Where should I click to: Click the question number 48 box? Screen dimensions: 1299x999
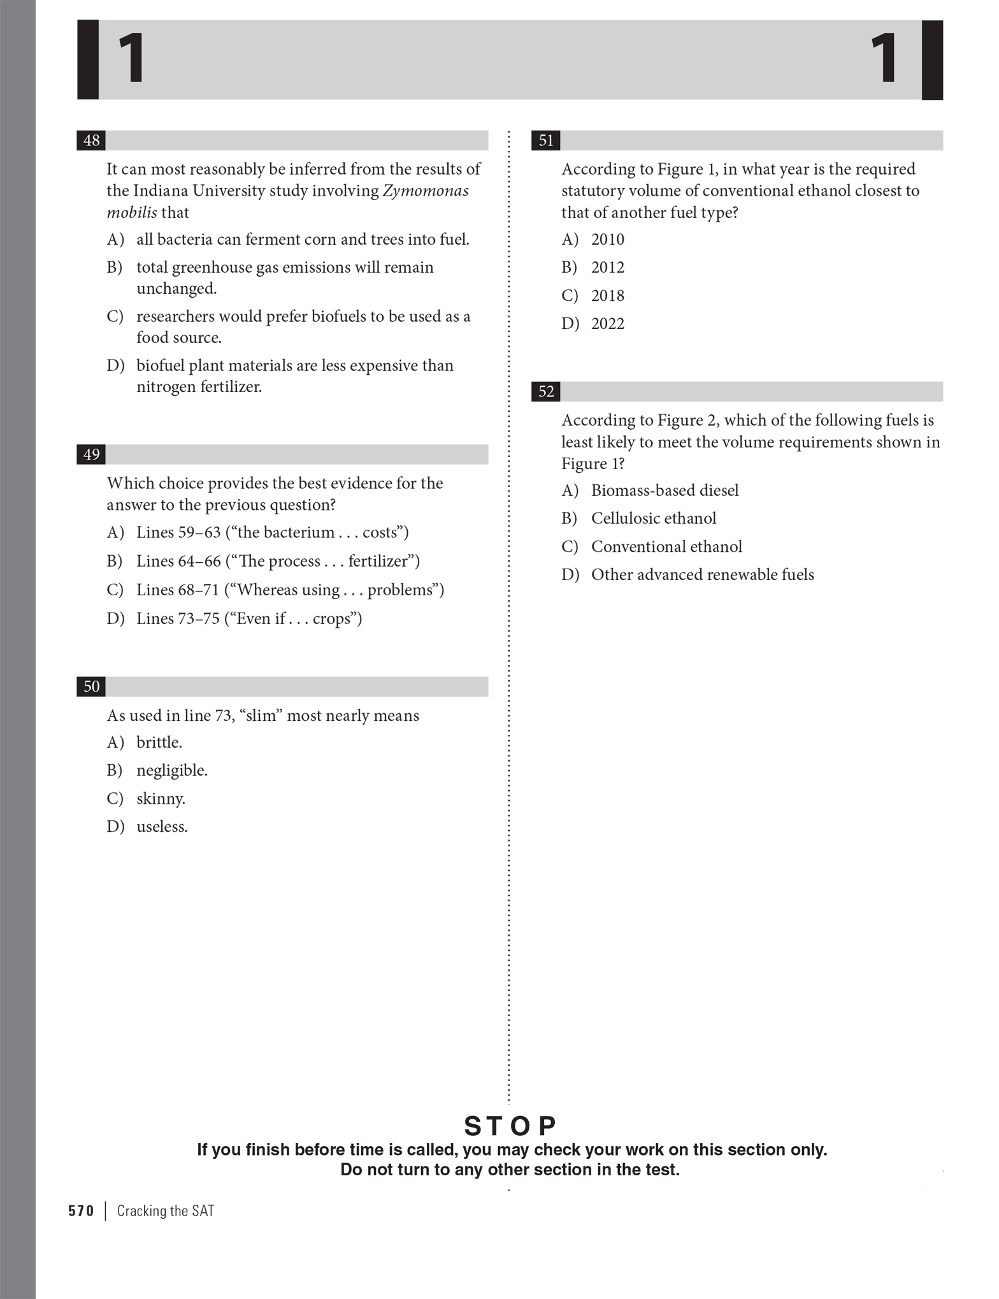pyautogui.click(x=91, y=140)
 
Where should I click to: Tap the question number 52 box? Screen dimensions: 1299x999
pyautogui.click(x=546, y=391)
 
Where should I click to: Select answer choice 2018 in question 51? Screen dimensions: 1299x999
pyautogui.click(x=607, y=296)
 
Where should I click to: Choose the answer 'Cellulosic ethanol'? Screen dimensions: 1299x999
pyautogui.click(x=653, y=518)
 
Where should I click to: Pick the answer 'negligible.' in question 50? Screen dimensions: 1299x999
pyautogui.click(x=171, y=771)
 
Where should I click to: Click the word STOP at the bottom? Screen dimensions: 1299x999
pyautogui.click(x=510, y=1126)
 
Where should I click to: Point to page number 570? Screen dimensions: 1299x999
pyautogui.click(x=81, y=1211)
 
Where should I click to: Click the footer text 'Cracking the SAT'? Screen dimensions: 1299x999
pyautogui.click(x=166, y=1211)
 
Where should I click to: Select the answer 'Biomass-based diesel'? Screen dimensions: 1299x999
pyautogui.click(x=665, y=490)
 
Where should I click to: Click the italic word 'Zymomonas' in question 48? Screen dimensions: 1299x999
pyautogui.click(x=425, y=191)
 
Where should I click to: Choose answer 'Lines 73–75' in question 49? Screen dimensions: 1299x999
pyautogui.click(x=248, y=619)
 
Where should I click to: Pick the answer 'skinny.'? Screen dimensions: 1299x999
pyautogui.click(x=161, y=799)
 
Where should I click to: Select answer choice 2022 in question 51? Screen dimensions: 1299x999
pyautogui.click(x=607, y=324)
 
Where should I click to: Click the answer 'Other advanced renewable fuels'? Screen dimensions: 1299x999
pyautogui.click(x=702, y=575)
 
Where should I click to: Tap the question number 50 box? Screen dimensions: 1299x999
pyautogui.click(x=91, y=686)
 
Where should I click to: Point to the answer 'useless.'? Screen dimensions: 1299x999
pyautogui.click(x=162, y=827)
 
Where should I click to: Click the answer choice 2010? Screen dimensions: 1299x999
pyautogui.click(x=607, y=240)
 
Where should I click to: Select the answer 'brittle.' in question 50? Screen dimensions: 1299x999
pyautogui.click(x=159, y=743)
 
